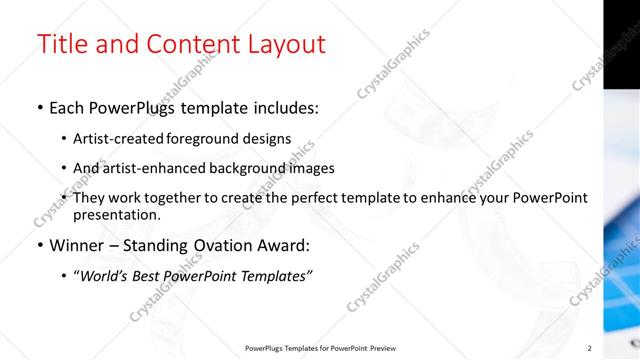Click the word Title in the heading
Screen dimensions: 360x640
tap(61, 45)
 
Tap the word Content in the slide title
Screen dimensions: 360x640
tap(189, 45)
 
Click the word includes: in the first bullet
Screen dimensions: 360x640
tap(283, 107)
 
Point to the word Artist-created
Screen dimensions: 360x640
tap(115, 138)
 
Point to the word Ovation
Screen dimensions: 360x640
tap(219, 245)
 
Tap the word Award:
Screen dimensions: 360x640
tap(283, 245)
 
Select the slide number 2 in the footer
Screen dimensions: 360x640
tap(589, 348)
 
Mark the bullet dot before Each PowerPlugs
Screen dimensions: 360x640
tap(39, 108)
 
